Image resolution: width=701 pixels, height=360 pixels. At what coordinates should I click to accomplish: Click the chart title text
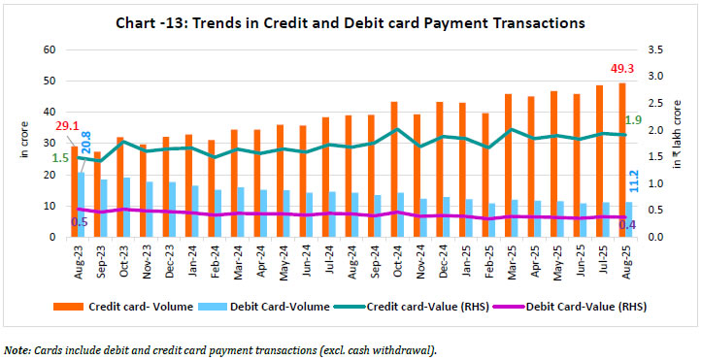click(350, 20)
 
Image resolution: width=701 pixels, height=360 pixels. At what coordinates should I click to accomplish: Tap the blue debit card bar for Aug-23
click(81, 204)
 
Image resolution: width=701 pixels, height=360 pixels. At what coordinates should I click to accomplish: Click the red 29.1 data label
click(68, 125)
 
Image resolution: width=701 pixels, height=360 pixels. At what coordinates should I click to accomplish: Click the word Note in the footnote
click(17, 349)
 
